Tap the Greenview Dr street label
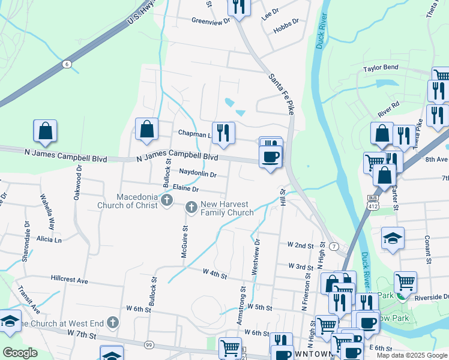click(211, 20)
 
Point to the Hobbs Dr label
click(286, 21)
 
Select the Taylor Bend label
click(381, 69)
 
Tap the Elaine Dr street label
click(185, 188)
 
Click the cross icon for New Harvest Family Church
click(191, 208)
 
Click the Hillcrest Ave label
click(69, 280)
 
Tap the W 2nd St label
click(301, 245)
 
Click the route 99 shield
click(148, 344)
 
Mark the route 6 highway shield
click(66, 64)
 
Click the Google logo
click(20, 353)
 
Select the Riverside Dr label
click(433, 296)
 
